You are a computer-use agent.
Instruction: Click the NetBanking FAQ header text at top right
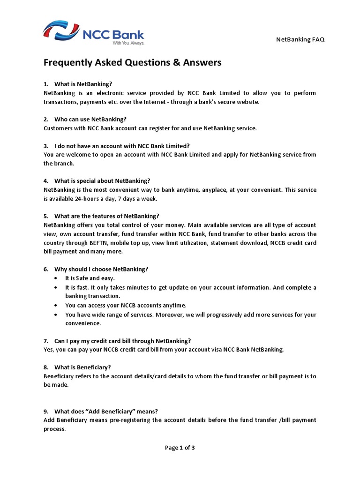[x=300, y=39]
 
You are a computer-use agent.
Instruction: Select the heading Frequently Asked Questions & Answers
[x=132, y=63]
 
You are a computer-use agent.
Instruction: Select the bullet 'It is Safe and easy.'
[x=90, y=278]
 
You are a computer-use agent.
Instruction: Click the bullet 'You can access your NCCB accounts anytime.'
[x=126, y=305]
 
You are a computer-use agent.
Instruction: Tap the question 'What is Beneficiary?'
[x=82, y=367]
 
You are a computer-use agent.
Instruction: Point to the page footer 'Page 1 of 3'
[x=180, y=448]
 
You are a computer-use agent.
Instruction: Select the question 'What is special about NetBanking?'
[x=102, y=181]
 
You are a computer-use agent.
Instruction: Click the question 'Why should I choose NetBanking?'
[x=101, y=269]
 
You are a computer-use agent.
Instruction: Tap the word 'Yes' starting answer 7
[x=48, y=349]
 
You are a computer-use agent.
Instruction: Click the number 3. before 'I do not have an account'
[x=46, y=146]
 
